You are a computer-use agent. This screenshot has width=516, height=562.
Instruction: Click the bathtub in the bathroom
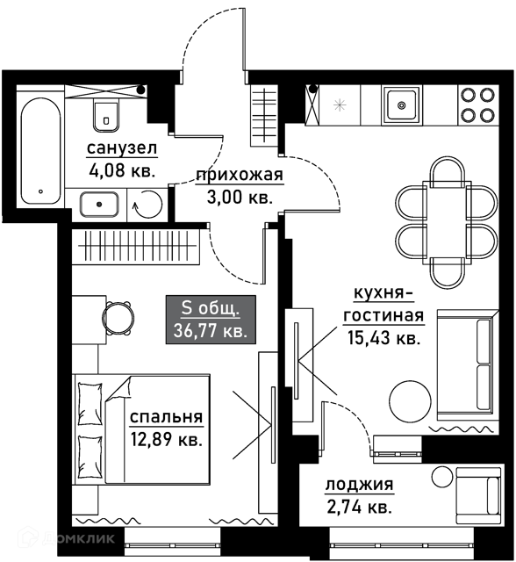tap(40, 151)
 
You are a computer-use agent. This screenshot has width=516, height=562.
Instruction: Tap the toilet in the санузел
tap(106, 114)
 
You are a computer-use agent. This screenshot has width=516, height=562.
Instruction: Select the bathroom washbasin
tap(99, 205)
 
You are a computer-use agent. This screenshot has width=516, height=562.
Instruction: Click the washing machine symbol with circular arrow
tap(147, 205)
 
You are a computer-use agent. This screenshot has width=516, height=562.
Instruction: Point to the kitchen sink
tap(401, 105)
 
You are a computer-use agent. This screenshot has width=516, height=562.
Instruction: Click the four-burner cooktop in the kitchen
tap(478, 105)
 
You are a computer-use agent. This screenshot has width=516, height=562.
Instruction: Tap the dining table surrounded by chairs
tap(444, 222)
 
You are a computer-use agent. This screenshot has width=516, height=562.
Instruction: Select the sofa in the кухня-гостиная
tap(468, 365)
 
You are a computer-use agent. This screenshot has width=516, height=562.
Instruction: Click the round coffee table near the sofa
tap(410, 401)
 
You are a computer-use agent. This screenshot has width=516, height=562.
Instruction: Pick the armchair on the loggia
tap(478, 495)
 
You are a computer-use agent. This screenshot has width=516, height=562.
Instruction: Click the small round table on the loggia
tap(442, 476)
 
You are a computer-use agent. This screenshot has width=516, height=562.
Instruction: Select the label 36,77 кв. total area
tap(211, 330)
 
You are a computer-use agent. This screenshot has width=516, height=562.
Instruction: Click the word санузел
tap(122, 148)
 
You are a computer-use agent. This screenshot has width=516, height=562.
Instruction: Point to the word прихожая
tap(240, 175)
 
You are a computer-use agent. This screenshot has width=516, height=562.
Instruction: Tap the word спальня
tap(166, 417)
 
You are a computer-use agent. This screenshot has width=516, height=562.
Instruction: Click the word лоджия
tap(359, 485)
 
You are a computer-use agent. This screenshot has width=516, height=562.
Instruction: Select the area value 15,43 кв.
tap(383, 337)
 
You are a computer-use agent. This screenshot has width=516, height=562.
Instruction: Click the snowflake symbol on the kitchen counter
tap(340, 105)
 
